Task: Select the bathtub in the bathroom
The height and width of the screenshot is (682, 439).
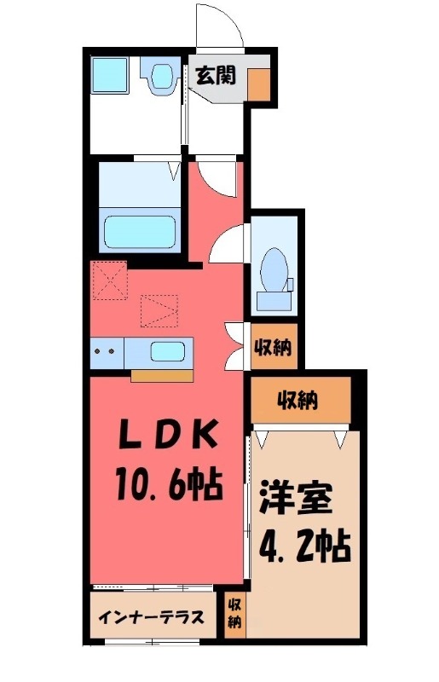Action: tap(140, 231)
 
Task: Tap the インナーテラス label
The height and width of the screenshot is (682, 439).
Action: tap(150, 617)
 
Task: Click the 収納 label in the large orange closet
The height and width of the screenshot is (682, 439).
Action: tap(298, 400)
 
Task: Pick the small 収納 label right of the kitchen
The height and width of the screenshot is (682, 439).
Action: tap(274, 348)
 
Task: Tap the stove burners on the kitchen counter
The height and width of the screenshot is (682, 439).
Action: tap(107, 351)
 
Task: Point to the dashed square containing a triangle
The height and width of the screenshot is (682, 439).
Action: tap(159, 310)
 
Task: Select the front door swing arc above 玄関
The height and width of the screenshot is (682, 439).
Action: tap(220, 24)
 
